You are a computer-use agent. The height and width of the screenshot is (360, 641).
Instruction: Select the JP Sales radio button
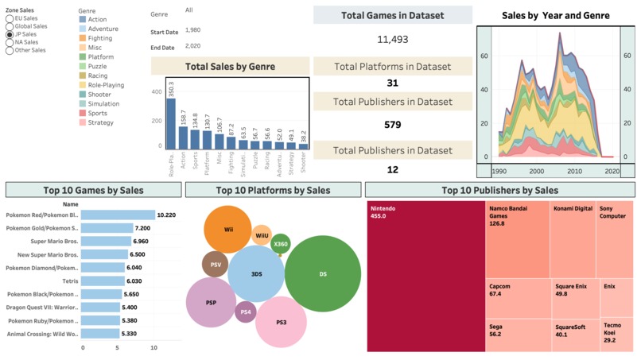10,35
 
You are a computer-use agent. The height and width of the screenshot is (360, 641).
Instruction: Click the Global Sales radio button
10,26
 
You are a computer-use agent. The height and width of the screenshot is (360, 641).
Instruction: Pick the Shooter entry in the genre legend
83,95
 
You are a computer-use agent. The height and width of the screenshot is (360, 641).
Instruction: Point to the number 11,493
392,39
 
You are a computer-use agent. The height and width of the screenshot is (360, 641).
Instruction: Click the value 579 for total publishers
392,125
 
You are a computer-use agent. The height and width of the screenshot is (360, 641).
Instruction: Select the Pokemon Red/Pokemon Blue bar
118,215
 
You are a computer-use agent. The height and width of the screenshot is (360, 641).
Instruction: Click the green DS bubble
323,274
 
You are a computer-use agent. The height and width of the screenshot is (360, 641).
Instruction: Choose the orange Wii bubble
228,229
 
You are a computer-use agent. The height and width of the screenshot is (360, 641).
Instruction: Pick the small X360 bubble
280,245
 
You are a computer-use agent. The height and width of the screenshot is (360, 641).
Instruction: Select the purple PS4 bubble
246,312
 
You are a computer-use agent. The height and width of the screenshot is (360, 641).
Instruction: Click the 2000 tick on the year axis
537,171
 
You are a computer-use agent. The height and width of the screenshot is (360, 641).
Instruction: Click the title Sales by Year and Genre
556,15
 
